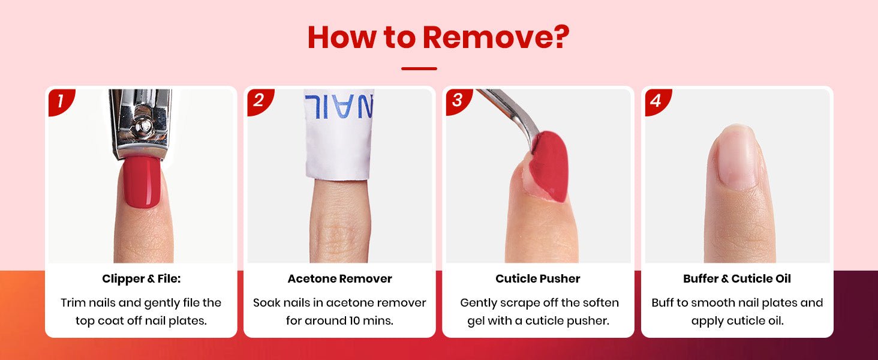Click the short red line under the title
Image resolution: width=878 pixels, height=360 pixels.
(419, 68)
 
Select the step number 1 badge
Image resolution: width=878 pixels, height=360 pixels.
(61, 101)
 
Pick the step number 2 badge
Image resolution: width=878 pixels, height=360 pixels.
(259, 101)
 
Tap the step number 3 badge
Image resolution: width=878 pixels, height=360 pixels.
(458, 101)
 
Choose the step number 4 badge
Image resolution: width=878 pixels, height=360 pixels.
(657, 101)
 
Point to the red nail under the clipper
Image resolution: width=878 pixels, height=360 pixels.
(142, 182)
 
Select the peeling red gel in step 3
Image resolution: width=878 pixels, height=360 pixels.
(549, 167)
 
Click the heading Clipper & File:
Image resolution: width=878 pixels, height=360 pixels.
(141, 279)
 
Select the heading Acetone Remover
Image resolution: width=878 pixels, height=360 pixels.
(339, 279)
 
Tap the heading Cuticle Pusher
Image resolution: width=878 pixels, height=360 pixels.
(538, 279)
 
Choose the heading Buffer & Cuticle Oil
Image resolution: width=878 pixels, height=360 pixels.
(737, 279)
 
